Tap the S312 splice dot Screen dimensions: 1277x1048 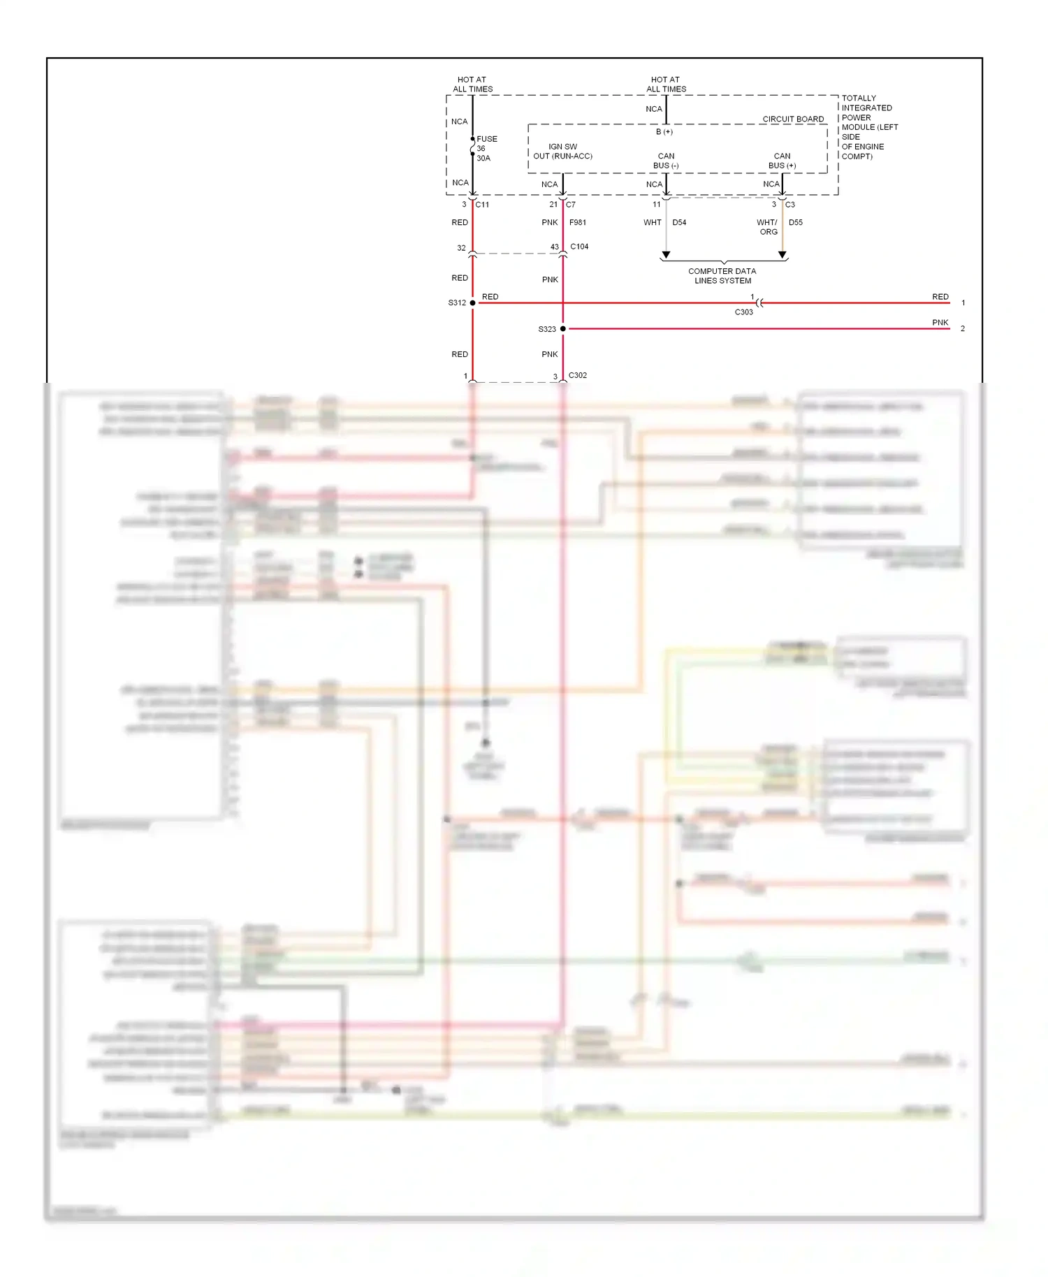click(473, 302)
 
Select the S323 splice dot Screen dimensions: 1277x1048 click(563, 328)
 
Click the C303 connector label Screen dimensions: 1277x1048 click(743, 312)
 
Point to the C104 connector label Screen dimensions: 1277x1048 click(579, 247)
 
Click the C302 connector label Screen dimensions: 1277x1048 click(578, 375)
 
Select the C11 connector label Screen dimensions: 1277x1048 click(482, 205)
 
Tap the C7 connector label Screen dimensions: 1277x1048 click(571, 205)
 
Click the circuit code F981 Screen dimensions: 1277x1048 click(578, 222)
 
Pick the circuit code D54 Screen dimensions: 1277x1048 click(679, 222)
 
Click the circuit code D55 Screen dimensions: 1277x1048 click(796, 222)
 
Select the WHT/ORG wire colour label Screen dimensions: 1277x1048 click(767, 227)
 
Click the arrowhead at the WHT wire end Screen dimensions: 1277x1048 click(666, 255)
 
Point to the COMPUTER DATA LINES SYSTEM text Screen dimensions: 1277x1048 click(722, 276)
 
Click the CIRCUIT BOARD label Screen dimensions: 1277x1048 click(793, 119)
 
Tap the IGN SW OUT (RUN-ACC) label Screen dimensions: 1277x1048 click(563, 152)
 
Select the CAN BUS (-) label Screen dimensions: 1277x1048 click(666, 161)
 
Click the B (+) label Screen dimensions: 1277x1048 click(664, 131)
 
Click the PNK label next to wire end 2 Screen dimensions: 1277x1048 click(940, 323)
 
